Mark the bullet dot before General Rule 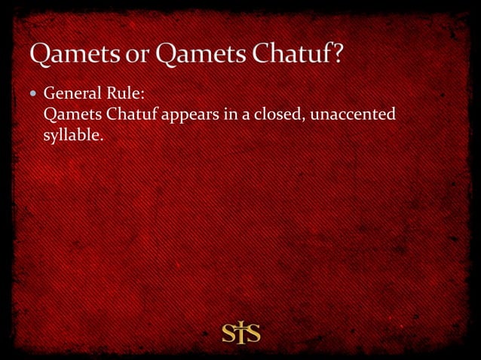35,96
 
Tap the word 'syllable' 71,136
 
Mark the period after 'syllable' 100,139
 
